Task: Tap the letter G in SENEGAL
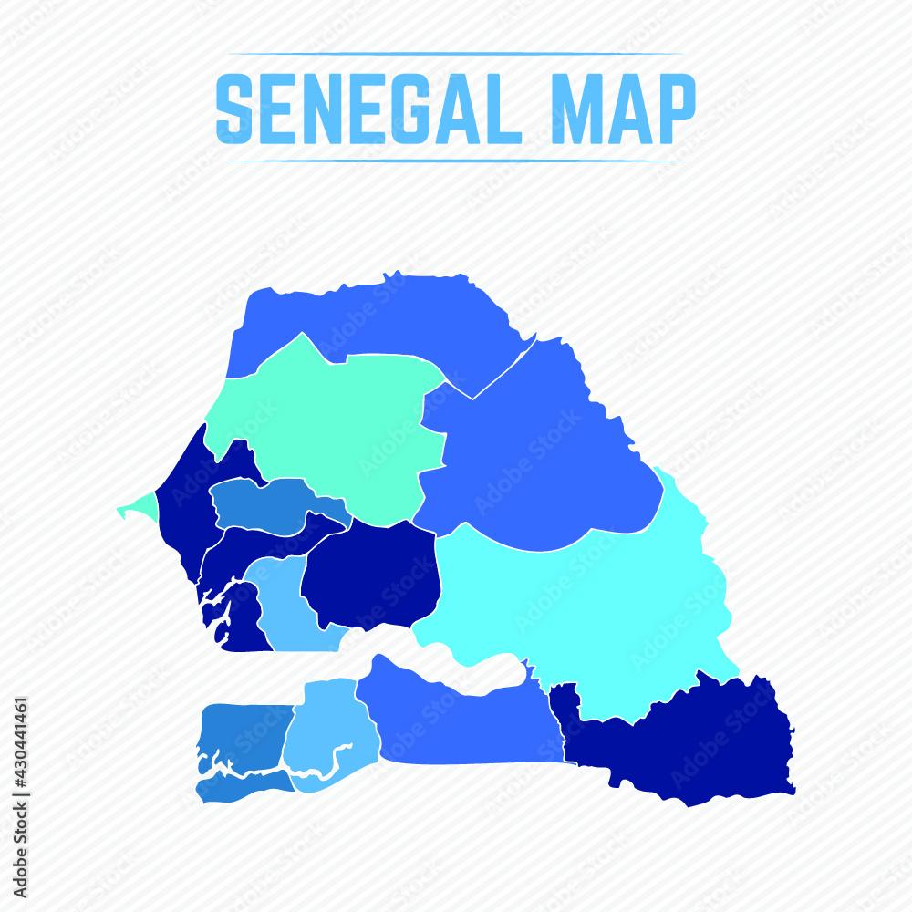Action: pos(416,109)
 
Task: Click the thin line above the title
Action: pos(456,54)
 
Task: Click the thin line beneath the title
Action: pos(456,161)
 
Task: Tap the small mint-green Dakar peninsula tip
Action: pos(132,507)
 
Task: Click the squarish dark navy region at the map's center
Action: pos(374,575)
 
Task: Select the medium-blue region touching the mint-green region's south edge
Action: pos(264,506)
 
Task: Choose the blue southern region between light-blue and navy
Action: pos(456,720)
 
